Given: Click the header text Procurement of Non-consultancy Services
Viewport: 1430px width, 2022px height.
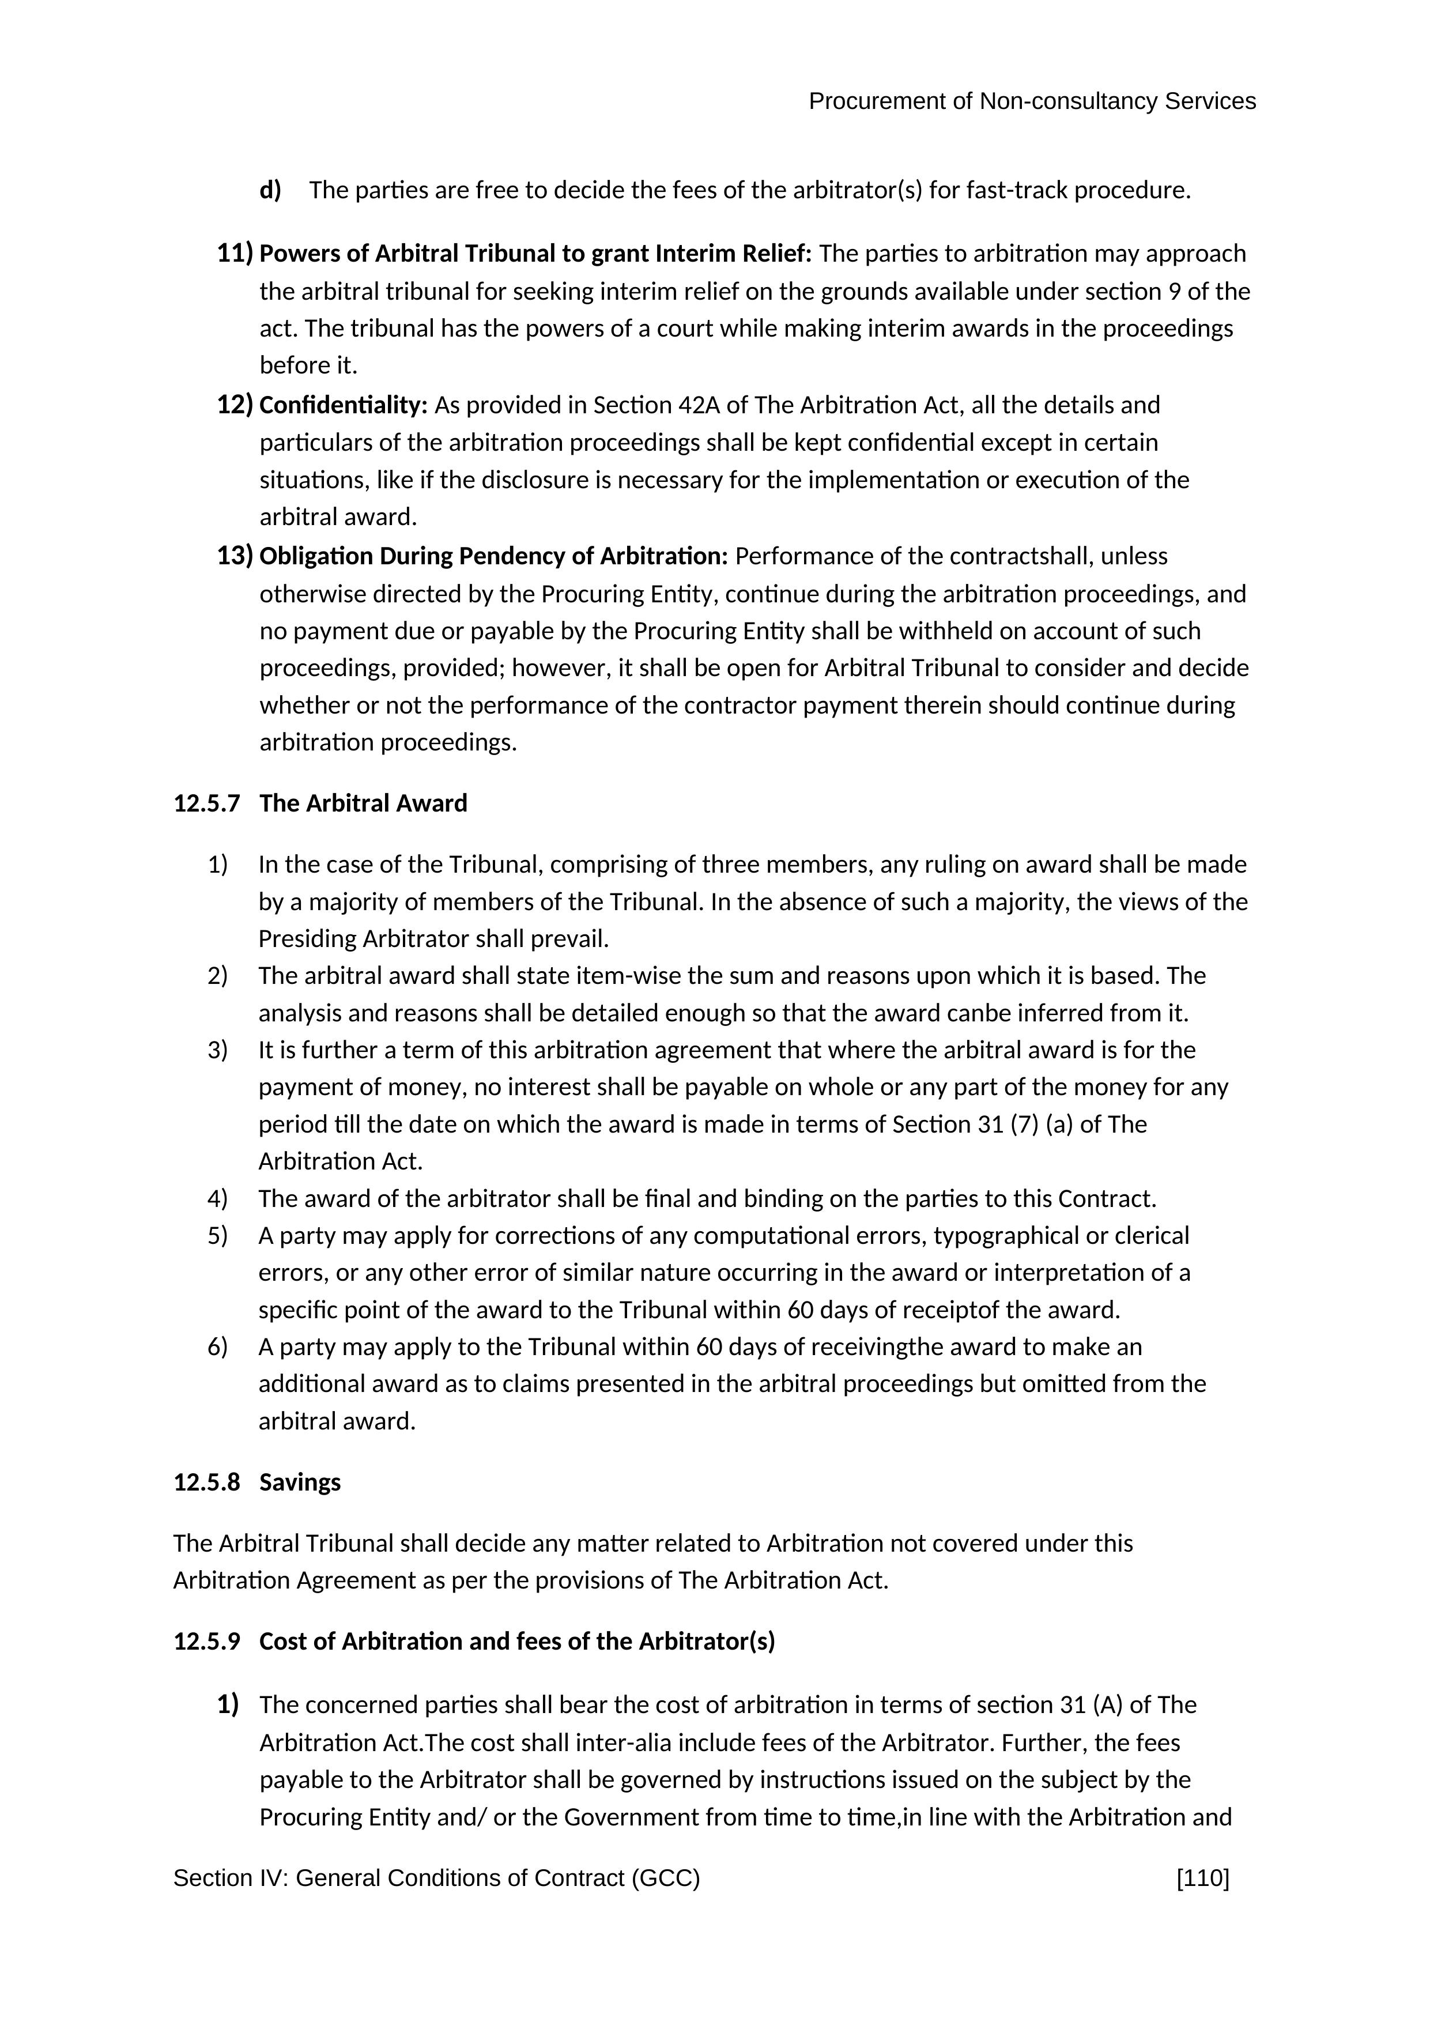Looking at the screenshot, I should pos(1032,102).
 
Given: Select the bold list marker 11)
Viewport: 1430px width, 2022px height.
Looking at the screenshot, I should pos(235,254).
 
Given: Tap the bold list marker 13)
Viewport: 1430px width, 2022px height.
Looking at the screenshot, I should pos(235,557).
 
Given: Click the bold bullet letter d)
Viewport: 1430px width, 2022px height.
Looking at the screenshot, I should pos(270,190).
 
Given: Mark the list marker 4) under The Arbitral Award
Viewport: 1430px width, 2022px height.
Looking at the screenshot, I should pos(217,1198).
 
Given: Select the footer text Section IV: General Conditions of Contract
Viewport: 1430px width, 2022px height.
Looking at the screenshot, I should pos(437,1878).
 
